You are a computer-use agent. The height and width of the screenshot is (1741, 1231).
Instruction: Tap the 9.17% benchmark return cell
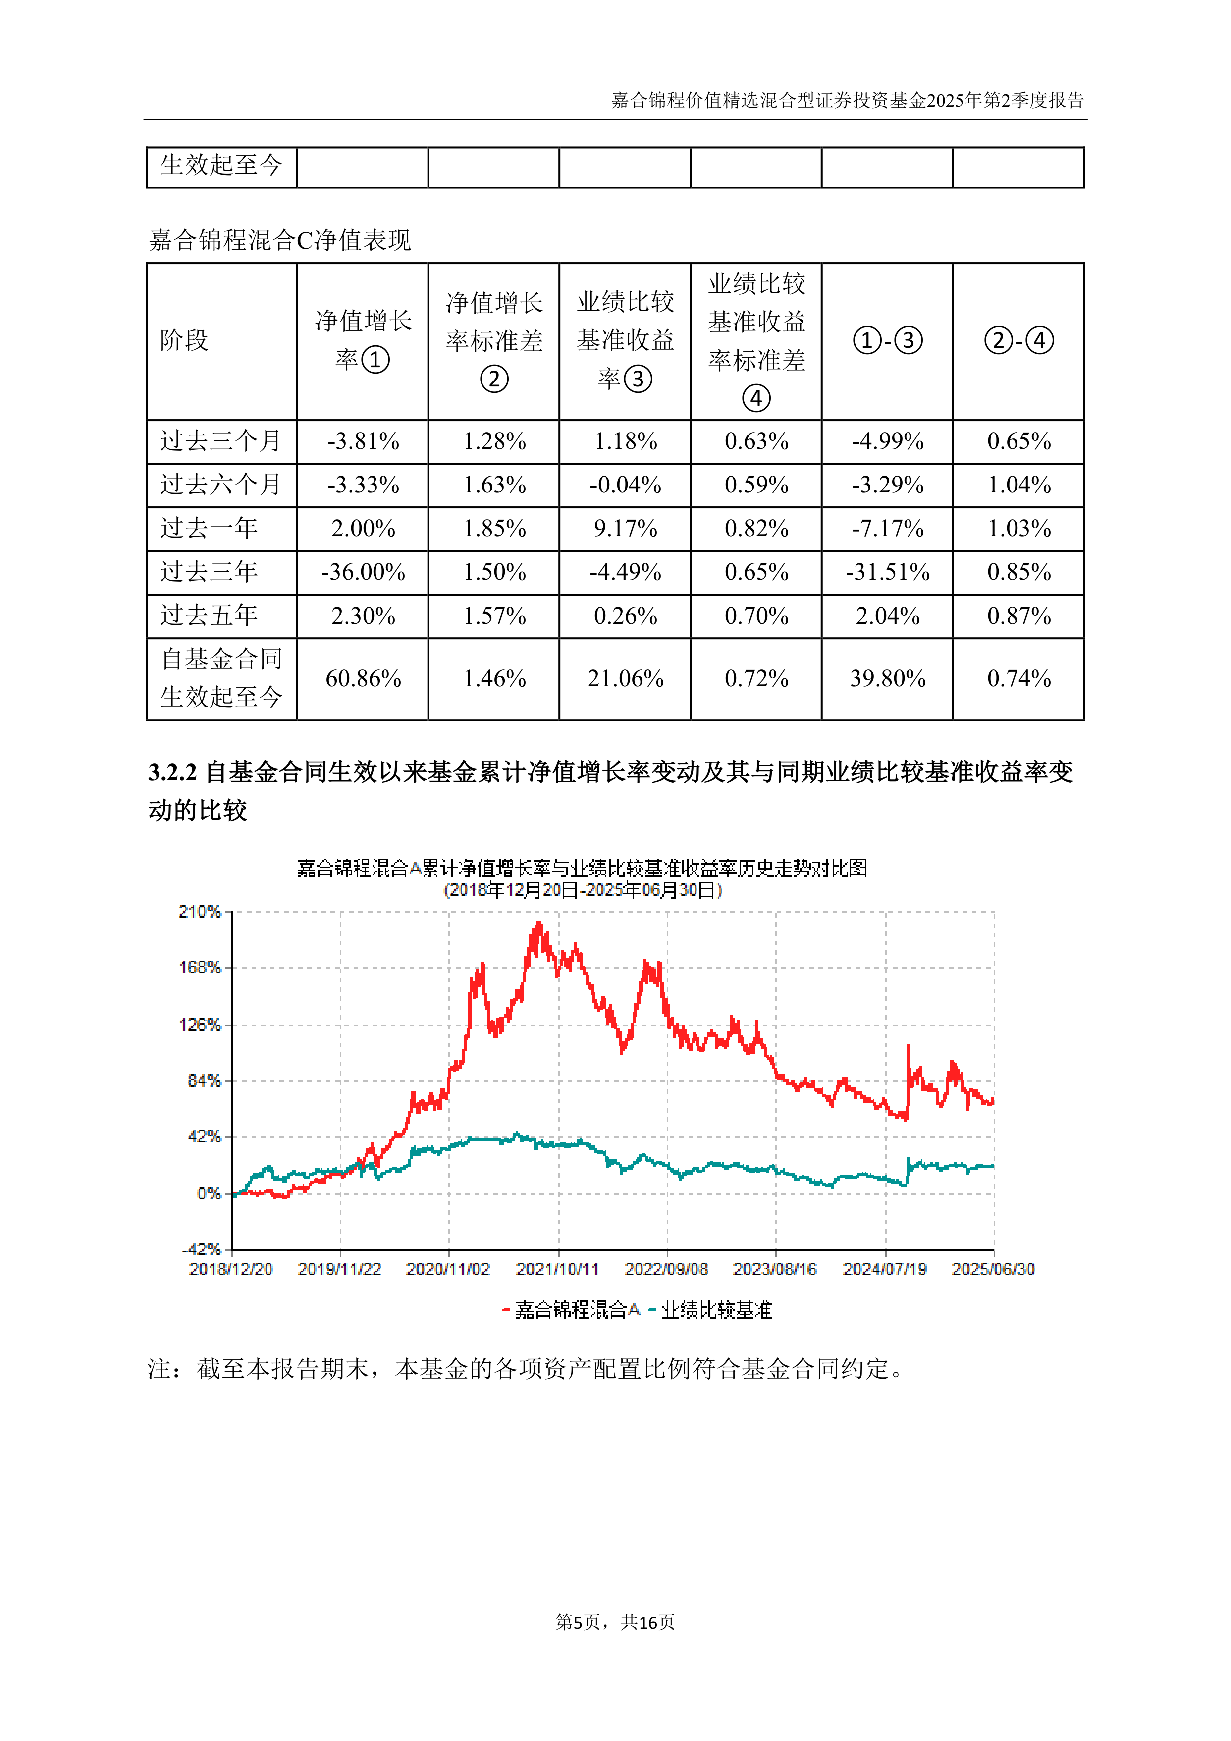[x=625, y=529]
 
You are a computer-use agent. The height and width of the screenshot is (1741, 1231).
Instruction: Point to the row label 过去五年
[x=209, y=616]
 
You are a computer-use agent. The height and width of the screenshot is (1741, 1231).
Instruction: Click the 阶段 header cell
[x=184, y=340]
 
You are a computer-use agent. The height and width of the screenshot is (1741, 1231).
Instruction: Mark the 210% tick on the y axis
[x=200, y=912]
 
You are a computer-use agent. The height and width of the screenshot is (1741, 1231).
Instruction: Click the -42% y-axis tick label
[x=201, y=1249]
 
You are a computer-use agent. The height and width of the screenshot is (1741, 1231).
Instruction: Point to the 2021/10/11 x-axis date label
[x=557, y=1269]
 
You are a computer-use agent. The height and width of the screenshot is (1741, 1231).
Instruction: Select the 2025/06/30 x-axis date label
[x=993, y=1269]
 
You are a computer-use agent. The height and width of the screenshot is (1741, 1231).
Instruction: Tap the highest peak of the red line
[x=539, y=923]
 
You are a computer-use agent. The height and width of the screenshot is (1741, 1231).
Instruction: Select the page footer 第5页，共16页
[x=615, y=1622]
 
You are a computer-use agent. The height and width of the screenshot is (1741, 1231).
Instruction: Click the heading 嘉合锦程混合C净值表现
[x=280, y=240]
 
